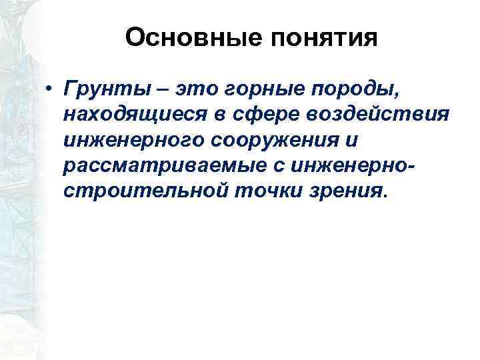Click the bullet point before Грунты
pyautogui.click(x=49, y=90)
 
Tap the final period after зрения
pyautogui.click(x=383, y=197)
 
